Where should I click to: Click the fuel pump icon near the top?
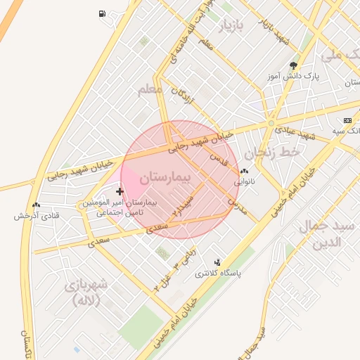pos(103,13)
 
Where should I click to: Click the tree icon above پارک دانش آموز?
pos(293,65)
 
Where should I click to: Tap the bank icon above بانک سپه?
pos(347,120)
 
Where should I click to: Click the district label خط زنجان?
pos(272,151)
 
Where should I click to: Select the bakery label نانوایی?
pos(244,181)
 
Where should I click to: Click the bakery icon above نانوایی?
pos(244,172)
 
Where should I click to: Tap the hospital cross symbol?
pos(120,191)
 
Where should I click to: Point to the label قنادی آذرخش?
pos(35,215)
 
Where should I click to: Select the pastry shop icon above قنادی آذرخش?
pos(36,205)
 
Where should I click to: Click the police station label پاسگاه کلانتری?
pos(217,273)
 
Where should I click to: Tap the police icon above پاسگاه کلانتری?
pos(217,262)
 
